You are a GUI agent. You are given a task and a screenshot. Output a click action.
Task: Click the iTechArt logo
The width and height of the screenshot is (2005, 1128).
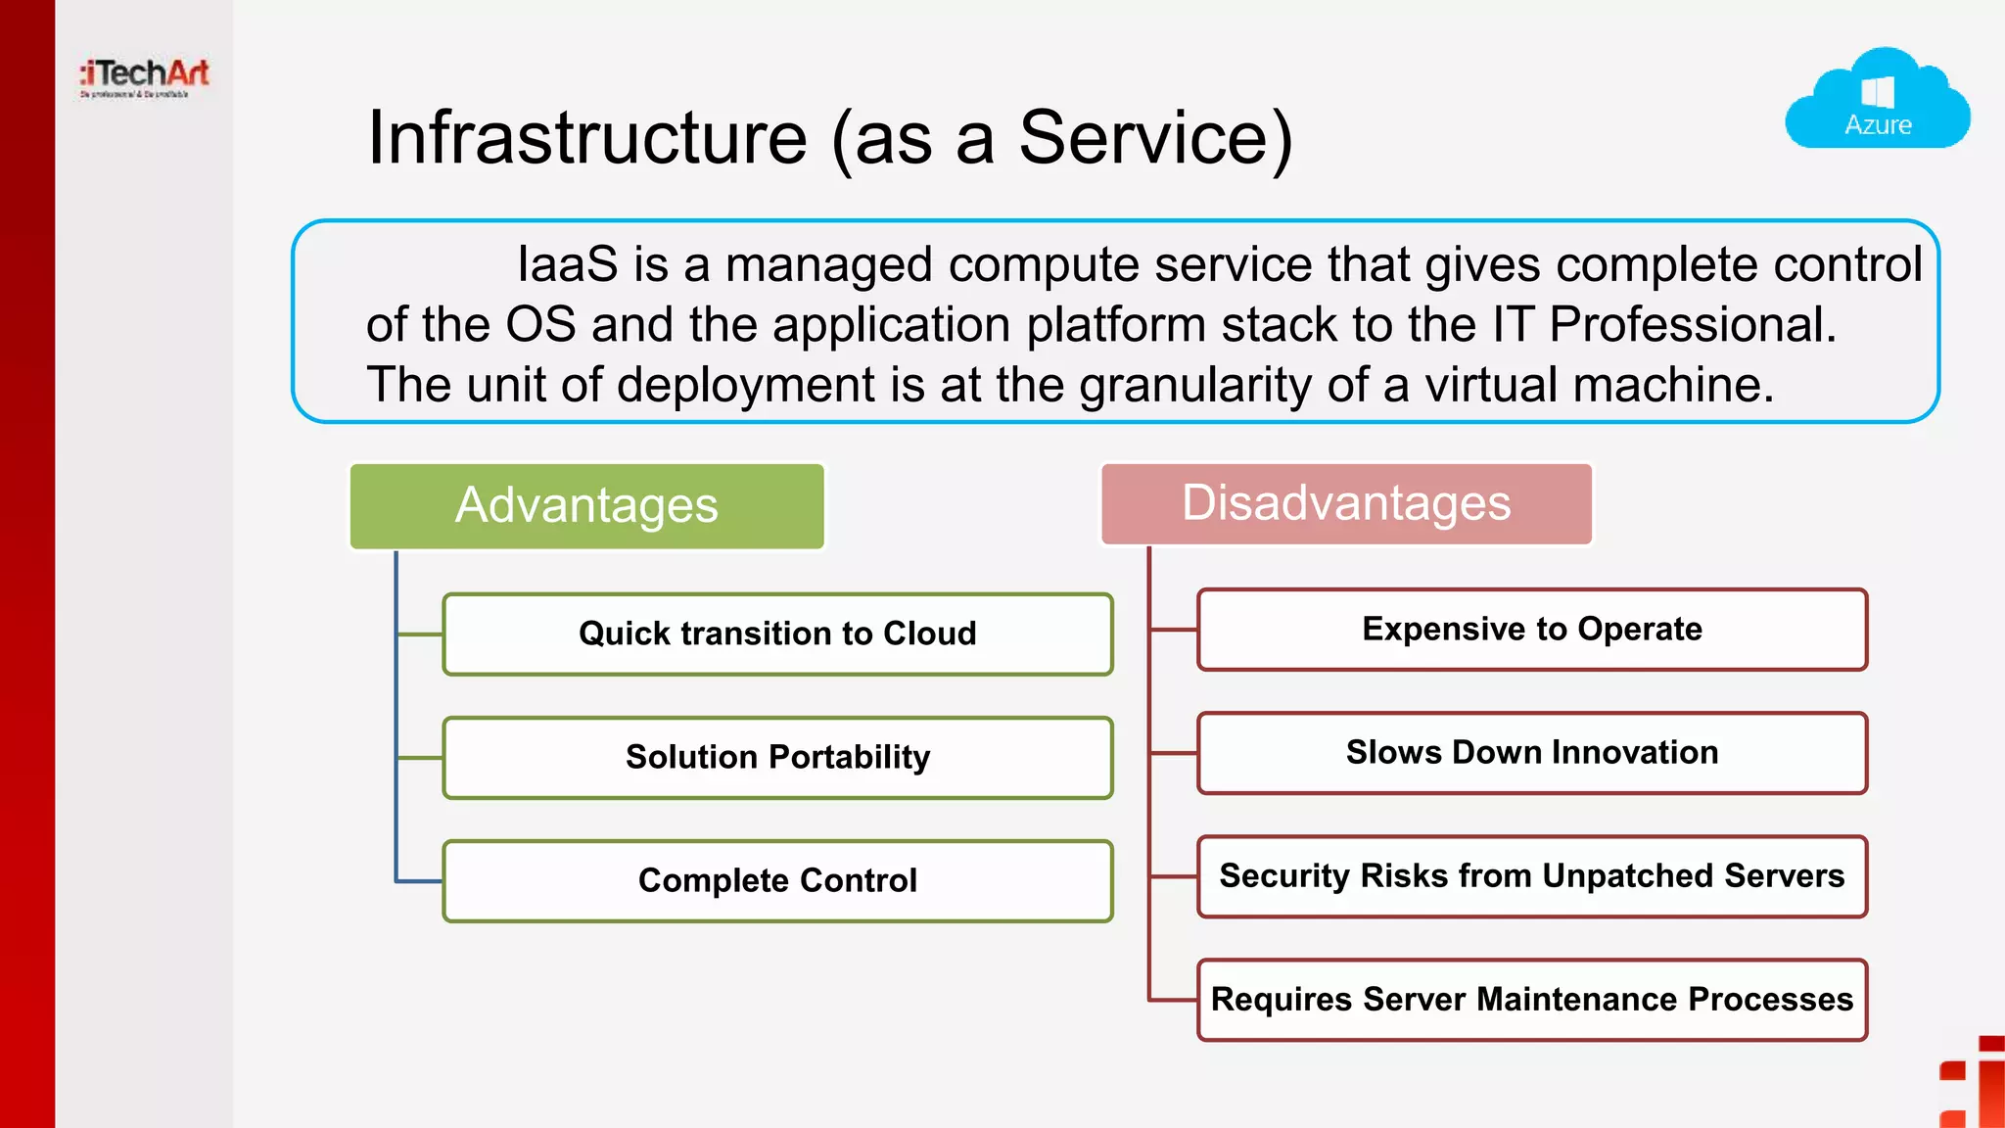(145, 76)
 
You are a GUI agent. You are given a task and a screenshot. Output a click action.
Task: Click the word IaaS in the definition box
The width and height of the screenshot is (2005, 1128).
(568, 264)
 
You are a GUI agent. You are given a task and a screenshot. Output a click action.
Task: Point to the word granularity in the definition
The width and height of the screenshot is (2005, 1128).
(1194, 385)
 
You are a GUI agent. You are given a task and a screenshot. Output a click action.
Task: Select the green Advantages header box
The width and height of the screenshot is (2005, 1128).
(586, 505)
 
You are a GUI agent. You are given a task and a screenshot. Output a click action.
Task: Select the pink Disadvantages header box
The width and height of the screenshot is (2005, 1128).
(1346, 503)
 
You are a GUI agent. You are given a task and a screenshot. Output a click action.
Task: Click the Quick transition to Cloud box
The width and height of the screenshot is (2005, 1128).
(777, 634)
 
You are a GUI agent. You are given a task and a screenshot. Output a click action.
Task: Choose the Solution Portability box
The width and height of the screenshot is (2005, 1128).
(777, 757)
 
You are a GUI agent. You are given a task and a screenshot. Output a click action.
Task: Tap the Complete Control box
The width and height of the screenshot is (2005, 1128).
(777, 880)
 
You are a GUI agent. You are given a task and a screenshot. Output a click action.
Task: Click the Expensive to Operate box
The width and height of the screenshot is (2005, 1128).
(1532, 629)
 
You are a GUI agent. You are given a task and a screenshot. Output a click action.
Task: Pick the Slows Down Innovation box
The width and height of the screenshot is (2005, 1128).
(1532, 752)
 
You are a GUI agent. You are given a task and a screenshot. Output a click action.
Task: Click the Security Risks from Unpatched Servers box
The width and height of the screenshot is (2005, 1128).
(1532, 875)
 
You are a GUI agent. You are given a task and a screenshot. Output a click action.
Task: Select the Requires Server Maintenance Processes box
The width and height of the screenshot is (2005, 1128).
(1532, 999)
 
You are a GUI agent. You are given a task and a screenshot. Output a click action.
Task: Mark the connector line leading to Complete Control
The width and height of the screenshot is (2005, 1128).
(419, 881)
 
